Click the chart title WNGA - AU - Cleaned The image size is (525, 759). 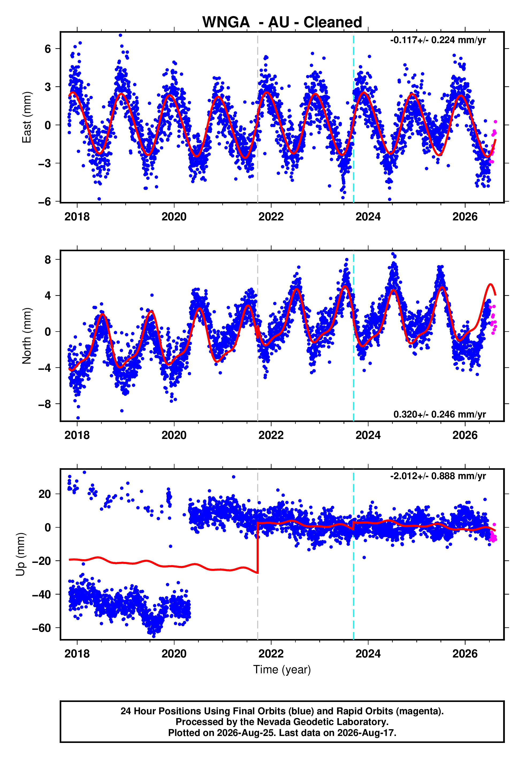282,22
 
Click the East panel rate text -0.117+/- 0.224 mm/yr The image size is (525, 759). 438,40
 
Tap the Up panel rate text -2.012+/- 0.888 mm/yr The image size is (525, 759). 438,476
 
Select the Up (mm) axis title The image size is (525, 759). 20,554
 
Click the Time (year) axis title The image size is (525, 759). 282,670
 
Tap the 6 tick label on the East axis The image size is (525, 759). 48,49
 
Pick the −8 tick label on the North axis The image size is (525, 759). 45,404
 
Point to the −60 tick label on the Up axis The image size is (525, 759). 42,628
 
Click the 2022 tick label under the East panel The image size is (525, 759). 271,217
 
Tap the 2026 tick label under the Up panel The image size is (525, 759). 465,654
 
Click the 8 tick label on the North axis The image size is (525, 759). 48,260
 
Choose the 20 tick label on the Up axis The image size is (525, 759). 45,494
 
